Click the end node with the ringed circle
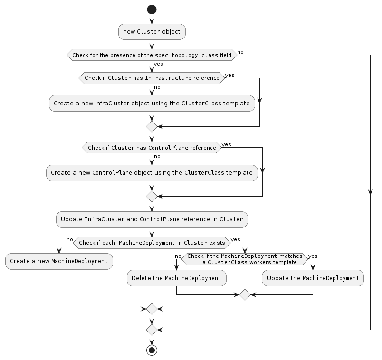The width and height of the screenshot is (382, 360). tap(152, 351)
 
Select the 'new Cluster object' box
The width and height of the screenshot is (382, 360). tap(152, 32)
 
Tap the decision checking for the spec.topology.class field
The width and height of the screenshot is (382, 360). tap(152, 55)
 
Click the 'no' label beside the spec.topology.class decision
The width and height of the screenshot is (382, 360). tap(240, 51)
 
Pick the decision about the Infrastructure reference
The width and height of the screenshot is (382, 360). tap(152, 78)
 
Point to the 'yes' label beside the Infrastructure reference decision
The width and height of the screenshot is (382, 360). tap(229, 75)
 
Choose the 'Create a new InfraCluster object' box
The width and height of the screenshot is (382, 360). tap(152, 103)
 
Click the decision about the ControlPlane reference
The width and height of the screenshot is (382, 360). tap(152, 148)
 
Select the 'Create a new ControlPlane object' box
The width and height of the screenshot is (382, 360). tap(152, 173)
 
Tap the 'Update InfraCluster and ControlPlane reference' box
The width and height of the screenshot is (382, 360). tap(152, 219)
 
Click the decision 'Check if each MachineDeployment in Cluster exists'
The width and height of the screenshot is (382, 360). tap(152, 243)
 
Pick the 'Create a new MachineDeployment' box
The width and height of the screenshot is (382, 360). tap(59, 261)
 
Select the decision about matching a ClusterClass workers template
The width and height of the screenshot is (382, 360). tap(245, 259)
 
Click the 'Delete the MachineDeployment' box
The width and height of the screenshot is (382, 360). tap(176, 278)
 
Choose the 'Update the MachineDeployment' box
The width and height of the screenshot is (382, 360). tap(313, 278)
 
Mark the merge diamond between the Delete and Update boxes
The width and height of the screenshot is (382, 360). tap(245, 294)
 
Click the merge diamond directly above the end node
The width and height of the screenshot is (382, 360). tap(152, 329)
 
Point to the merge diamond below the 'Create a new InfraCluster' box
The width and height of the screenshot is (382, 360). tap(152, 126)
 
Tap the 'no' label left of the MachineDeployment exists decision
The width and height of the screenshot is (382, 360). tap(69, 239)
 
